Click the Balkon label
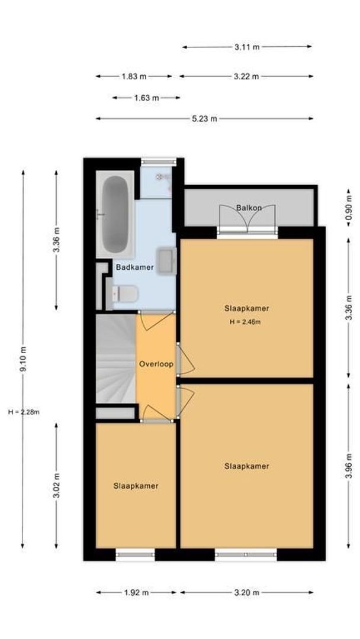tap(248, 208)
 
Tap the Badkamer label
tap(135, 267)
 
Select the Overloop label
tap(156, 364)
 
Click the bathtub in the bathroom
tap(114, 214)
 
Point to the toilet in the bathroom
tap(126, 293)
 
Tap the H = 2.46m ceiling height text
tap(245, 322)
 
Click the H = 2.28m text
tap(24, 412)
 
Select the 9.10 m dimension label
tap(23, 359)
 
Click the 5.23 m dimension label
tap(204, 118)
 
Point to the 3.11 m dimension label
tap(247, 47)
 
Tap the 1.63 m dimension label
tap(146, 98)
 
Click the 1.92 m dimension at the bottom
tap(136, 592)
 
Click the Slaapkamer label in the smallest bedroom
tap(136, 486)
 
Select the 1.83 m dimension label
tap(134, 76)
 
